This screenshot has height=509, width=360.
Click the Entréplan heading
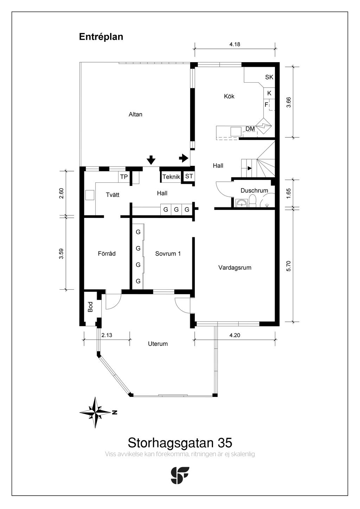(101, 37)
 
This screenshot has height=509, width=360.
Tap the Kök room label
(229, 96)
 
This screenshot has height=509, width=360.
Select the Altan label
(135, 114)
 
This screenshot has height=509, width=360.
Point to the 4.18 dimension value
(235, 44)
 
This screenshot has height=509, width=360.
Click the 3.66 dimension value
(288, 102)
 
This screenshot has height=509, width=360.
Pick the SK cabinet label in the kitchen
(269, 77)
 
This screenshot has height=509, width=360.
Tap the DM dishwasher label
(250, 129)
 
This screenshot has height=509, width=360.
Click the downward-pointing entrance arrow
(151, 160)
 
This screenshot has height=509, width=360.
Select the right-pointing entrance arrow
(184, 158)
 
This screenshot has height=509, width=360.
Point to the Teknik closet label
(171, 177)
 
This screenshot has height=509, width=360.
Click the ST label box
(189, 176)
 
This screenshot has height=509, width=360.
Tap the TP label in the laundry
(124, 177)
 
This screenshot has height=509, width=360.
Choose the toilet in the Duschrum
(252, 201)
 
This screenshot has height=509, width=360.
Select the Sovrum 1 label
(168, 253)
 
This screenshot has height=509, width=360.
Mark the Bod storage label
(90, 307)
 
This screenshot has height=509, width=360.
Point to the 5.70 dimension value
(288, 266)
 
